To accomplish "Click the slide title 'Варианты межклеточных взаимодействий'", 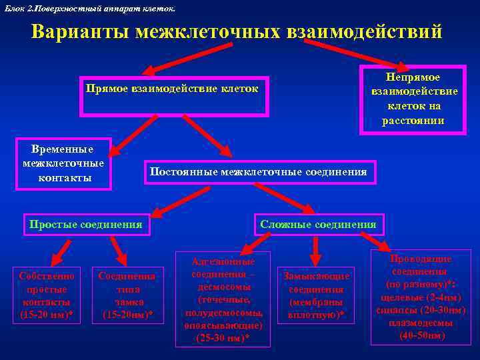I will point(237,31).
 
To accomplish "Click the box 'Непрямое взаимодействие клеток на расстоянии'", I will point(412,99).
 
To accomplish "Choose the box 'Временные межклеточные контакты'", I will point(63,163).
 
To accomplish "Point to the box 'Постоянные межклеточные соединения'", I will point(257,172).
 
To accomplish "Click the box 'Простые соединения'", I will point(85,225).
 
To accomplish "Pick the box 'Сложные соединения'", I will point(318,225).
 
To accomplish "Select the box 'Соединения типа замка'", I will point(127,295).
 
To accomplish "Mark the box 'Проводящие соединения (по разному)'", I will point(421,297).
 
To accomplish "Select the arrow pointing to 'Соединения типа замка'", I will point(118,250).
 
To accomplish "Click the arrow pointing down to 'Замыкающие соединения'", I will point(316,249).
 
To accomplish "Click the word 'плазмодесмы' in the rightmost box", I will point(421,323).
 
